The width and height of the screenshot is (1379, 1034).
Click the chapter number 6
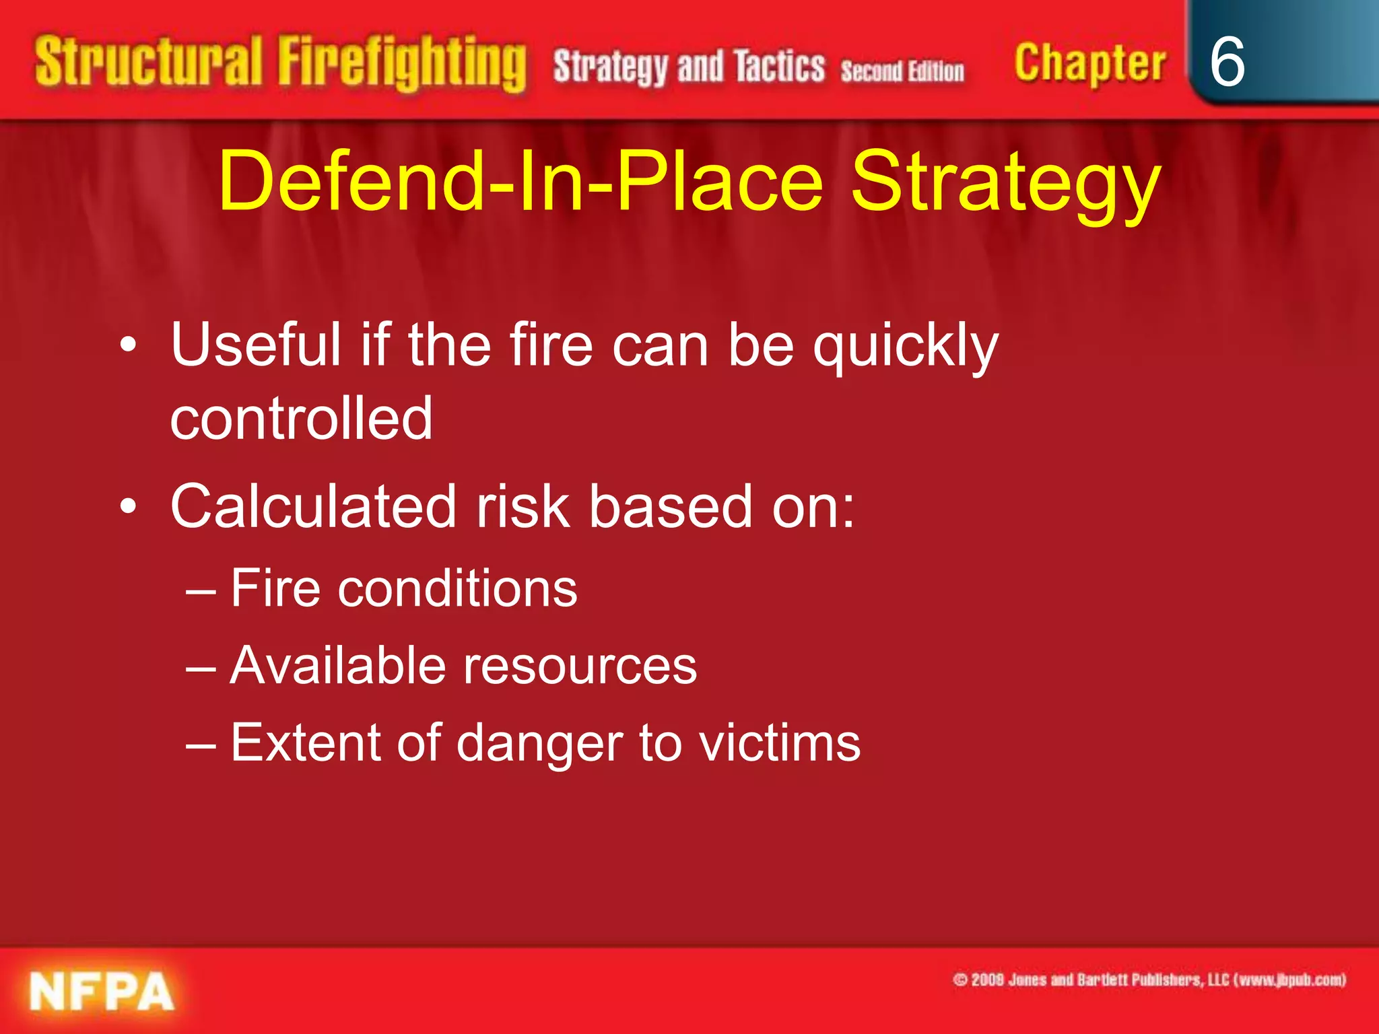[1227, 62]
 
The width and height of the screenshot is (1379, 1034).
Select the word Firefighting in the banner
[402, 64]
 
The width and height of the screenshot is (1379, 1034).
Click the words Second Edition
[902, 71]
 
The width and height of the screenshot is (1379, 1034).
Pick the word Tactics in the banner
[779, 67]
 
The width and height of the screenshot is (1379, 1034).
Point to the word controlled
[301, 418]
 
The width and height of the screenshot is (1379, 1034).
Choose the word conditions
[457, 588]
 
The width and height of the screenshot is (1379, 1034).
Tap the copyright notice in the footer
[1149, 979]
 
